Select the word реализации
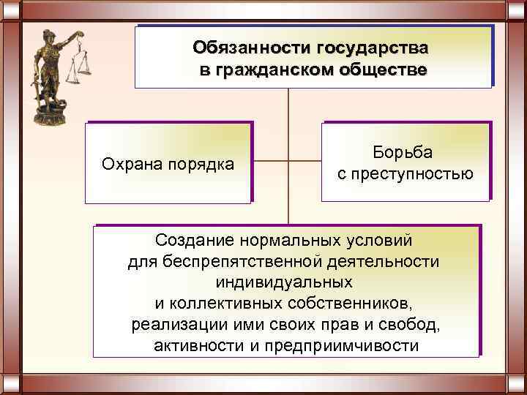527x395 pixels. coord(176,324)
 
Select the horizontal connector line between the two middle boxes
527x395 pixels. coord(288,160)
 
